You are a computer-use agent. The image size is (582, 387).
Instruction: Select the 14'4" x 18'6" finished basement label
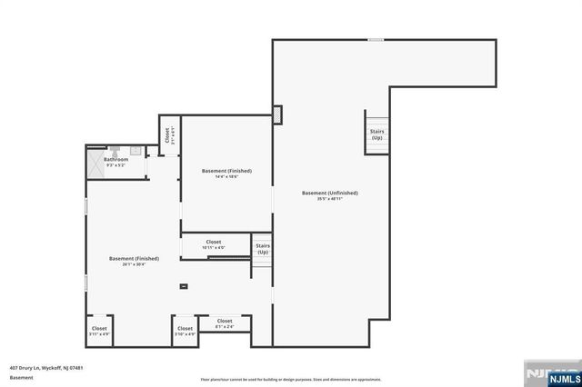coord(226,174)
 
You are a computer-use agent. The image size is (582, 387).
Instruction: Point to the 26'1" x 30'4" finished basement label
coord(127,261)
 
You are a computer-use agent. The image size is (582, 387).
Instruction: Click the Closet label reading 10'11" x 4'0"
coord(213,244)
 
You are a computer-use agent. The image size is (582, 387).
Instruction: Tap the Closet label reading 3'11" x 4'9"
coord(99,331)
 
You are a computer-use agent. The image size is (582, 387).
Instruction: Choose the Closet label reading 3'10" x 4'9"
coord(185,331)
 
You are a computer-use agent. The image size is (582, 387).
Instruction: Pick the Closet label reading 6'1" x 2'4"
coord(224,322)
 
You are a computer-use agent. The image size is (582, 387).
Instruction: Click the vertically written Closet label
coord(168,135)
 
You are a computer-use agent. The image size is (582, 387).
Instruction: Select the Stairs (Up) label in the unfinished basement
coord(376,134)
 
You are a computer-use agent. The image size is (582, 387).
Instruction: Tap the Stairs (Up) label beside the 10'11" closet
coord(263,248)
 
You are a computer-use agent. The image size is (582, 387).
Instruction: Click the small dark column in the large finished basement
coord(184,286)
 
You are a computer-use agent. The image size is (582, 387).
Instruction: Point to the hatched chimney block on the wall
coord(277,115)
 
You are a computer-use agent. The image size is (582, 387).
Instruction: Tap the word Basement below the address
coord(20,377)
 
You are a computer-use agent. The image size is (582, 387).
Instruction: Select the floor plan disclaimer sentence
coord(291,380)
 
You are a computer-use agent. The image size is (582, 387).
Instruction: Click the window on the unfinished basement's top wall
coord(375,39)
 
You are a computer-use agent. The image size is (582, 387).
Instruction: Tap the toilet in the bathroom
coord(135,151)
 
